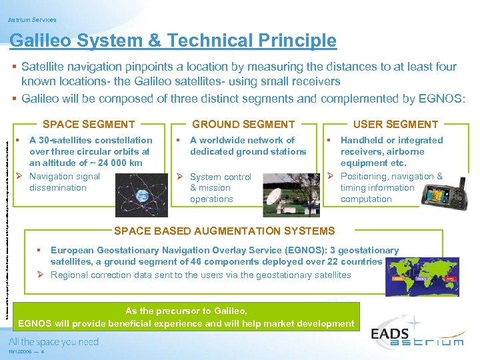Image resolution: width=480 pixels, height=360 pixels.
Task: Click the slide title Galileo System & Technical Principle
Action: click(173, 41)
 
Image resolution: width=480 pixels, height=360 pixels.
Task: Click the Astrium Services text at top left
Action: click(33, 20)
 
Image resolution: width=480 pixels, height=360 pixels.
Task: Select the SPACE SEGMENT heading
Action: click(89, 124)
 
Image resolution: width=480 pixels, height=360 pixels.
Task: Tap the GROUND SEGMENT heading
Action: click(243, 124)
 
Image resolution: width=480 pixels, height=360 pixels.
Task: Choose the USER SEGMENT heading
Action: click(395, 124)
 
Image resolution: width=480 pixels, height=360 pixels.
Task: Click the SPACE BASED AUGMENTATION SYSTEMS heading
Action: click(225, 231)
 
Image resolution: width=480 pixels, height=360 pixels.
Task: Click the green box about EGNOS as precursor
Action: click(187, 317)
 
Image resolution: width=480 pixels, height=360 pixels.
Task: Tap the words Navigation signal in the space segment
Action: click(65, 176)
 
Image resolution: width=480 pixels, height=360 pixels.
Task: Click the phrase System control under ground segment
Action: click(221, 177)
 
